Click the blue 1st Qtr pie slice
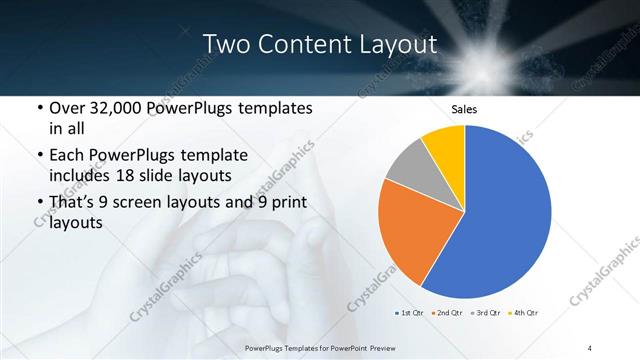click(505, 220)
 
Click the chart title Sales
click(464, 109)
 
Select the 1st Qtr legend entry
click(414, 313)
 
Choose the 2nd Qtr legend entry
click(448, 313)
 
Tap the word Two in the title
click(226, 44)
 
